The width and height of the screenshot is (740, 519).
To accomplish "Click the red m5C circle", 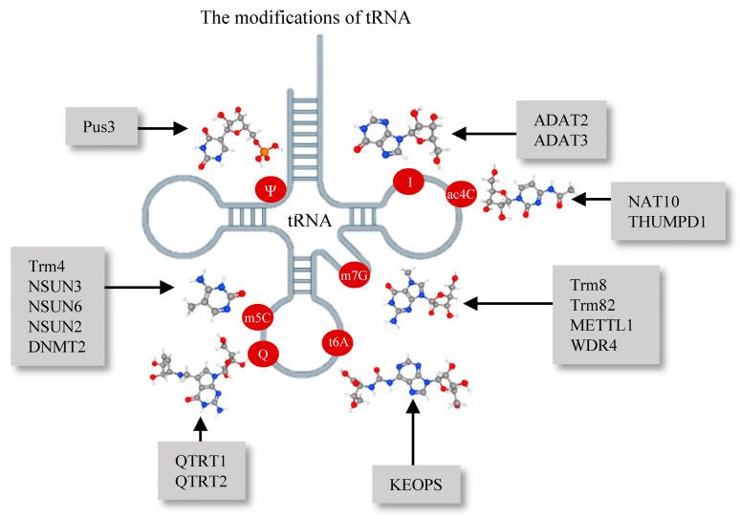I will (257, 318).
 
